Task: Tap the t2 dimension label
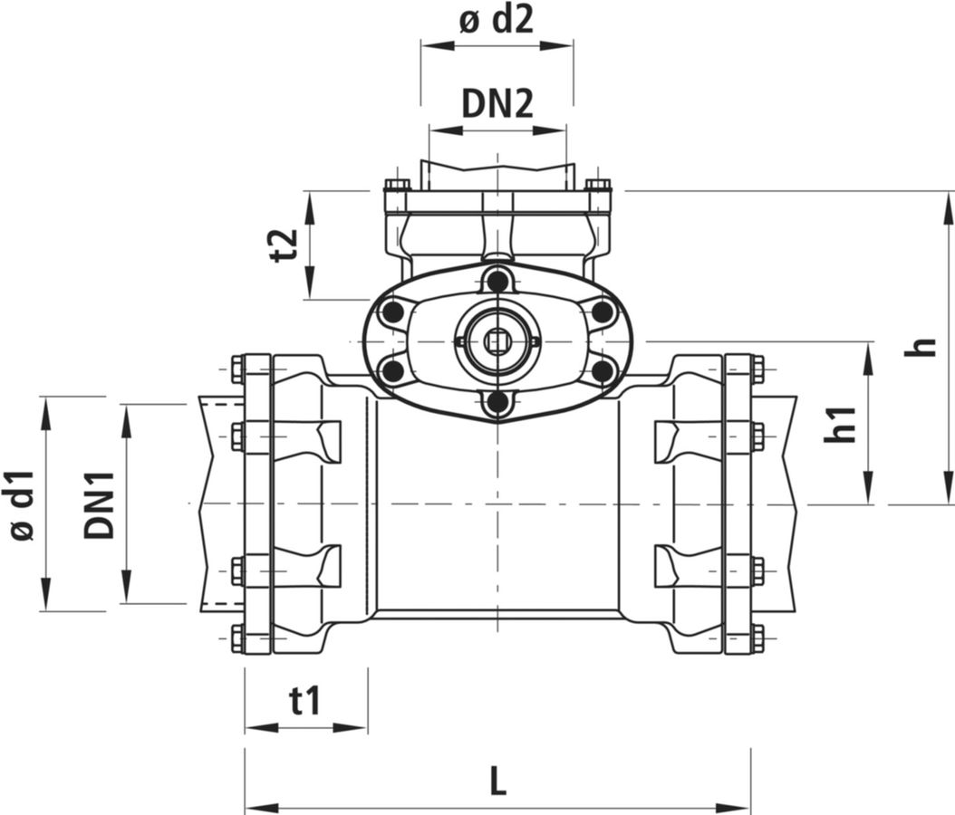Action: coord(285,244)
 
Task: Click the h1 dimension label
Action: coord(841,424)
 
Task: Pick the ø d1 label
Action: coord(24,504)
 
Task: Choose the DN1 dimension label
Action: coord(100,504)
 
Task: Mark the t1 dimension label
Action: coord(305,701)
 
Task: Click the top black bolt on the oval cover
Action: coord(497,282)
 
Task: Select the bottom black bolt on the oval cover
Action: coord(497,401)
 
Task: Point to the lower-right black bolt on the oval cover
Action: coord(602,369)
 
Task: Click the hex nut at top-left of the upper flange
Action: coord(396,185)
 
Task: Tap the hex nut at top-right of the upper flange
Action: coord(599,185)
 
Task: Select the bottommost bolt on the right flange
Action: coord(757,637)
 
